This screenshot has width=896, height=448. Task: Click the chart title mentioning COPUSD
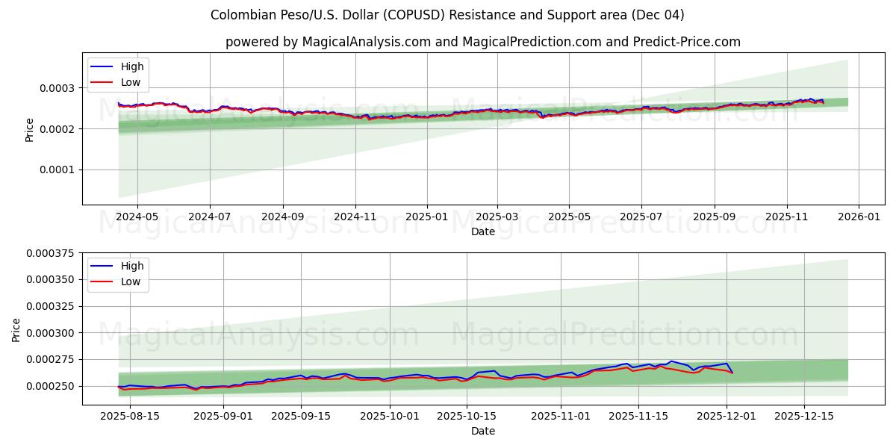[x=447, y=15]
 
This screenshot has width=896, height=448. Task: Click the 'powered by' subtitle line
[x=482, y=42]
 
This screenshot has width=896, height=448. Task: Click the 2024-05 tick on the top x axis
[x=137, y=216]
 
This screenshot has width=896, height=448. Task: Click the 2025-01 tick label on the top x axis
[x=427, y=216]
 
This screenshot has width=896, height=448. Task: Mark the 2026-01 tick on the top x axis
[x=858, y=216]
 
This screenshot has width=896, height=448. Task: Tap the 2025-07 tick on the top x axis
[x=641, y=216]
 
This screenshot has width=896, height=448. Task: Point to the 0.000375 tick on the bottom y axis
[x=53, y=253]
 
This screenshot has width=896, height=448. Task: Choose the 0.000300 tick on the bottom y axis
[x=53, y=333]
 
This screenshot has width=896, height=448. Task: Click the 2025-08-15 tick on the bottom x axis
[x=130, y=416]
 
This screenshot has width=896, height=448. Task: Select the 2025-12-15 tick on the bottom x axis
[x=803, y=416]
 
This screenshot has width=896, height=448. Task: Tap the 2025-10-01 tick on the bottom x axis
[x=390, y=416]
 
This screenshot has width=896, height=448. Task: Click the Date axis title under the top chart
[x=482, y=231]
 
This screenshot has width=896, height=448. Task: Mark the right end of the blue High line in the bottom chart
[x=732, y=372]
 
